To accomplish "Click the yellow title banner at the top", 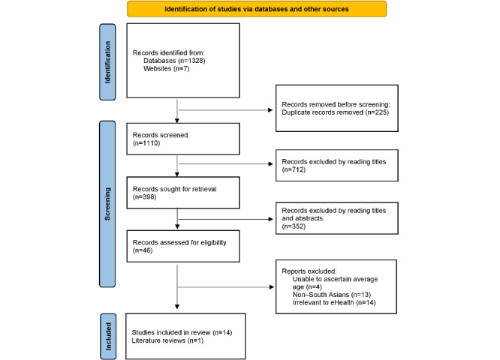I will pyautogui.click(x=257, y=9).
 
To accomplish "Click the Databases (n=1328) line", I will pyautogui.click(x=173, y=61).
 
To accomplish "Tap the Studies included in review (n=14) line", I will pyautogui.click(x=186, y=331).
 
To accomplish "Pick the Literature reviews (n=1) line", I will pyautogui.click(x=167, y=340).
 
